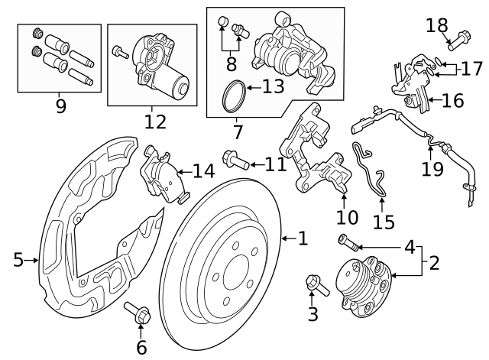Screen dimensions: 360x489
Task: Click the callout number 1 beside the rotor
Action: tap(303, 239)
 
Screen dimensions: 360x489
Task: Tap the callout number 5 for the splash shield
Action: tap(18, 261)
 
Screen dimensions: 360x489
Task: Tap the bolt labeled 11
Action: tap(234, 161)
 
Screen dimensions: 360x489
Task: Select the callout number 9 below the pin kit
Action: tap(60, 105)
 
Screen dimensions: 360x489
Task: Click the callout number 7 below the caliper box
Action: tap(238, 131)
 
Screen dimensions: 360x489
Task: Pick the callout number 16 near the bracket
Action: tap(452, 99)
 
